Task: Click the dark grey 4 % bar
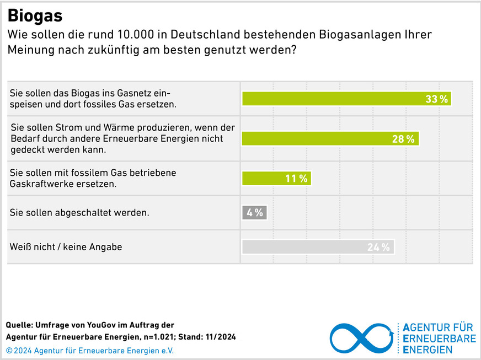[x=254, y=212]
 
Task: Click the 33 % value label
[x=437, y=99]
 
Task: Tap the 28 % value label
[x=403, y=139]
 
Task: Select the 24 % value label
[x=378, y=248]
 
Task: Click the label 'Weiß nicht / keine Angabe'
[x=66, y=247]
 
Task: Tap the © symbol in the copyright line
[x=9, y=351]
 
